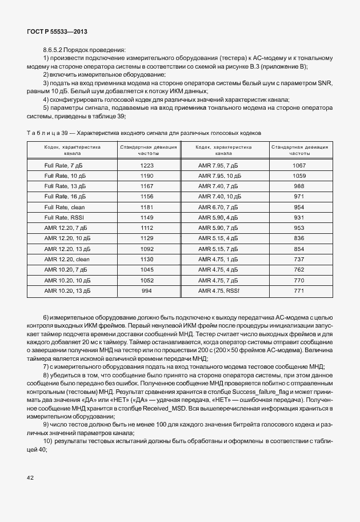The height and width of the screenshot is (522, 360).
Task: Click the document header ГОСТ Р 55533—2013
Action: coord(58,32)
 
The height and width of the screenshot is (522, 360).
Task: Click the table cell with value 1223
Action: coord(147,165)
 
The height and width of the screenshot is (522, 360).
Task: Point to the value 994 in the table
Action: coord(147,291)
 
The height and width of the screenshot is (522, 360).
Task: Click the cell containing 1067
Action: coord(299,165)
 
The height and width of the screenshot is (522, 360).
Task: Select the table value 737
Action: coord(299,260)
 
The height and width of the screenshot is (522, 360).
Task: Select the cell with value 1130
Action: coord(147,260)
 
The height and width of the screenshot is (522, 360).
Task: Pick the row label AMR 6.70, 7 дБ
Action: coord(217,207)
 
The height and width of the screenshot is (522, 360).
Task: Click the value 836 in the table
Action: coord(299,238)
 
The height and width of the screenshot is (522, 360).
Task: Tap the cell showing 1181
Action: coord(147,207)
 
